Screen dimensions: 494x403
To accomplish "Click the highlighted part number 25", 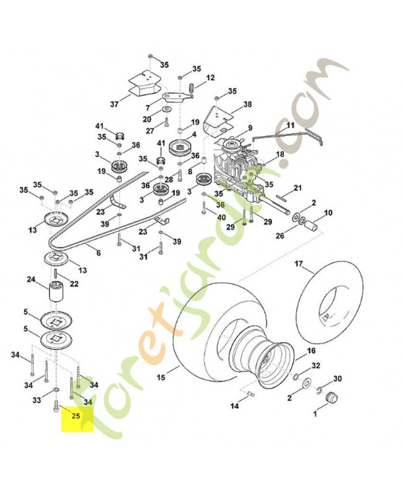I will pyautogui.click(x=76, y=416).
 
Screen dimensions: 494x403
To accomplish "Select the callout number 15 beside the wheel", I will pyautogui.click(x=161, y=377).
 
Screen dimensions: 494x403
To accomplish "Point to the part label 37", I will pyautogui.click(x=114, y=104).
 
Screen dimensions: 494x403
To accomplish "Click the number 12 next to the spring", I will pyautogui.click(x=210, y=78).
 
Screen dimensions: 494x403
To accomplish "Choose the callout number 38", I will pyautogui.click(x=248, y=105).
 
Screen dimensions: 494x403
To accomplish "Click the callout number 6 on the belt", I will pyautogui.click(x=98, y=253).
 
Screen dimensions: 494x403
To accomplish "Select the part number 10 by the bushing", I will pyautogui.click(x=328, y=213).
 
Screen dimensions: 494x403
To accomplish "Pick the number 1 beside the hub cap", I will pyautogui.click(x=315, y=415).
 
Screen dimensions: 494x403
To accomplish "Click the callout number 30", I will pyautogui.click(x=337, y=379).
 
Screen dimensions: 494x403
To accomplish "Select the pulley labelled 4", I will pyautogui.click(x=181, y=148).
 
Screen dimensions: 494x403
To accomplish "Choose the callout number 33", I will pyautogui.click(x=36, y=401).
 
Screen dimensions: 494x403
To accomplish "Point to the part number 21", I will pyautogui.click(x=297, y=188).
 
